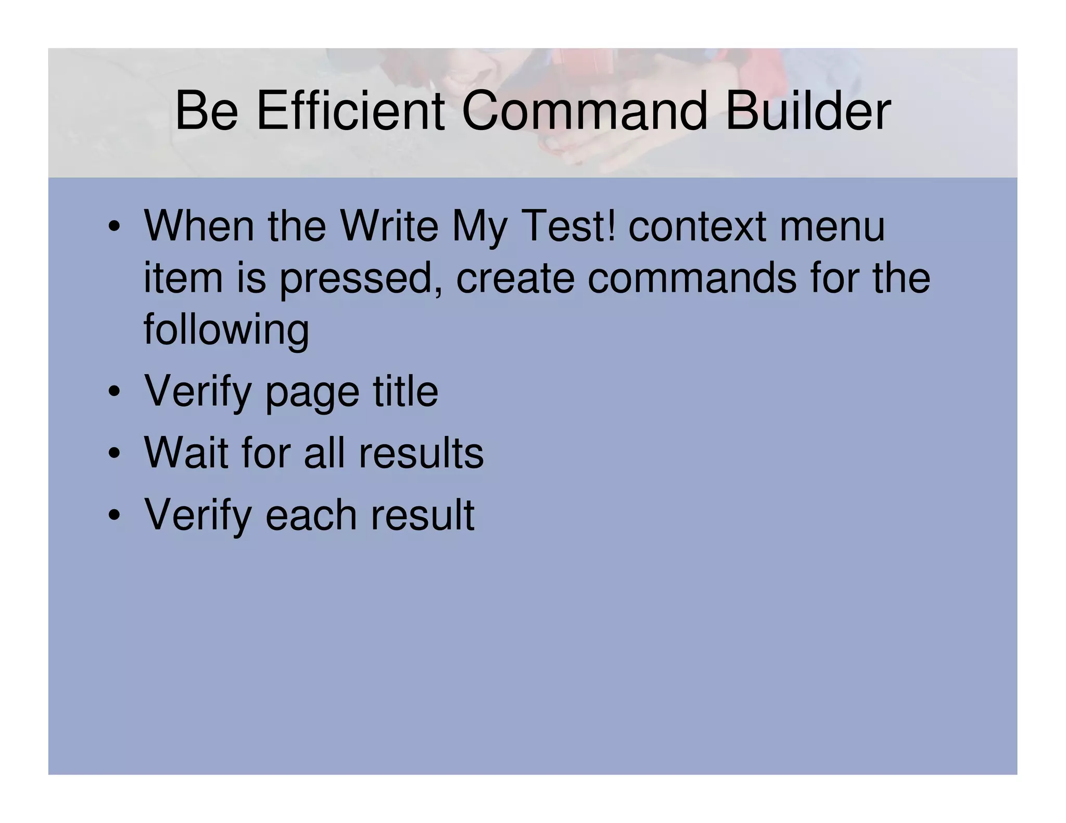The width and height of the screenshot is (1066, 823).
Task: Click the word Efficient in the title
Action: point(350,111)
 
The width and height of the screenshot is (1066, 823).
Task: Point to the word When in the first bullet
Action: point(199,226)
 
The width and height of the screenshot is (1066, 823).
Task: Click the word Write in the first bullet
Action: point(388,226)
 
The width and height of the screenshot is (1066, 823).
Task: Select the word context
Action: point(697,226)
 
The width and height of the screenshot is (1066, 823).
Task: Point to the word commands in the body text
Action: point(692,278)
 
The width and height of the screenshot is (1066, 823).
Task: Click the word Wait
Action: point(186,453)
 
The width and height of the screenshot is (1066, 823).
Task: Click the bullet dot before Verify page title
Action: point(115,393)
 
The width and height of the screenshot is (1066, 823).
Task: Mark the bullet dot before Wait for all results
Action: point(115,454)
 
